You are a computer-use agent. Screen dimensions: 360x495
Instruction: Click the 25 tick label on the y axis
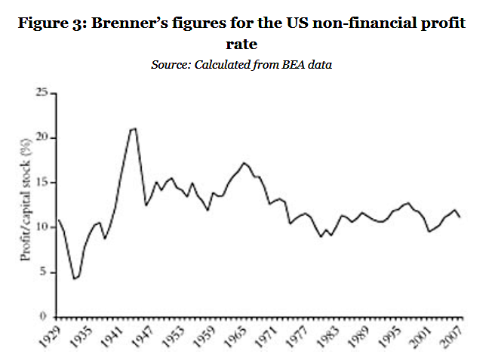43,93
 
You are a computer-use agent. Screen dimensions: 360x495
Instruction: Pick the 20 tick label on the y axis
43,137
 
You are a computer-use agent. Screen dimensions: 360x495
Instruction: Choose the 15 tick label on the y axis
43,182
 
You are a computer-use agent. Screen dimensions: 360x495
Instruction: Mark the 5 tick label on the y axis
46,272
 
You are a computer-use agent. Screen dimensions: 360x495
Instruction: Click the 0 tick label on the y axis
46,316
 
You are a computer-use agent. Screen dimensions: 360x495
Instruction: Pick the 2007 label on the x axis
451,337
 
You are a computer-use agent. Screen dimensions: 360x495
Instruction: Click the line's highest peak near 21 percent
135,128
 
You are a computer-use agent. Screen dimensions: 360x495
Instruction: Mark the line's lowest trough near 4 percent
74,279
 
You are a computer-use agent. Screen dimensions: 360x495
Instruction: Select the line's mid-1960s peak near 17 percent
243,162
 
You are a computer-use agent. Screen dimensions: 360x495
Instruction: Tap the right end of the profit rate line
460,217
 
